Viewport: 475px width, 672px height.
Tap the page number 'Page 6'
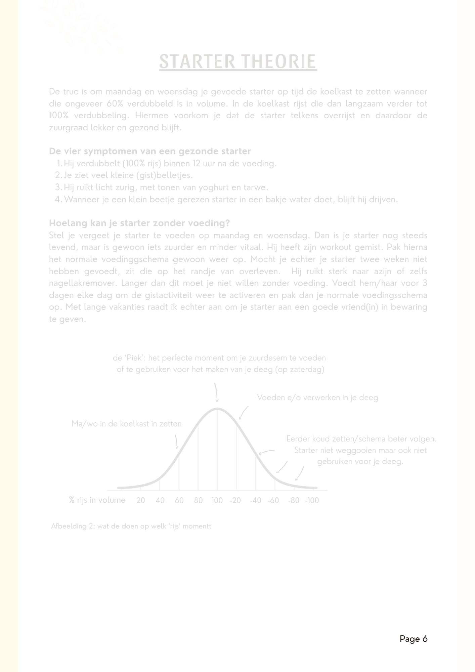coord(413,639)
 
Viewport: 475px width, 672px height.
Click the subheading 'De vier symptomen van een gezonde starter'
coord(150,151)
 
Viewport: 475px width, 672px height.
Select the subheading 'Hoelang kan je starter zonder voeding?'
coord(139,223)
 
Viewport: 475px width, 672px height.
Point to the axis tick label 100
coord(217,500)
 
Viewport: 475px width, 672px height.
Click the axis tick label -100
coord(312,500)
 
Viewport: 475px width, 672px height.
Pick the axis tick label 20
coord(141,500)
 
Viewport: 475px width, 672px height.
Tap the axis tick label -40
coord(255,500)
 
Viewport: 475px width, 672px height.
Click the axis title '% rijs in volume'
coord(97,500)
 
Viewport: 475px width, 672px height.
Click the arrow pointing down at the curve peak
coord(216,392)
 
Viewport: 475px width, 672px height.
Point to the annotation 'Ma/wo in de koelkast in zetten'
coord(127,424)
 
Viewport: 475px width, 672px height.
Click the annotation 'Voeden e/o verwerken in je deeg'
coord(317,397)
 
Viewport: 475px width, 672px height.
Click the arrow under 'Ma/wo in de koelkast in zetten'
coord(176,441)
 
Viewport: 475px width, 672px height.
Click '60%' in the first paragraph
coord(116,103)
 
